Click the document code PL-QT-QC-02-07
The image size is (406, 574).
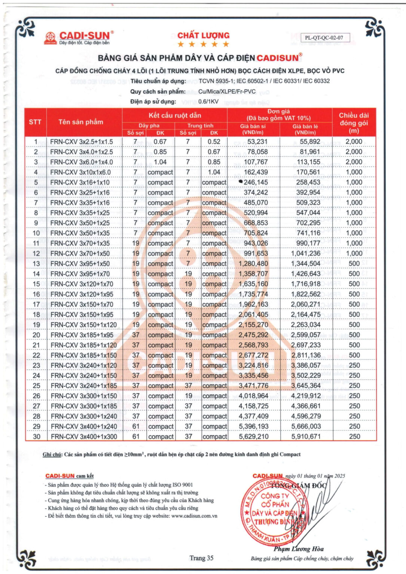coord(324,38)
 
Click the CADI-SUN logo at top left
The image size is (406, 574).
coord(79,38)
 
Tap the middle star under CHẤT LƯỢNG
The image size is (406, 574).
coord(203,44)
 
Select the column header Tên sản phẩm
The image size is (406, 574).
coord(80,122)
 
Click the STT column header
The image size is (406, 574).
coord(35,122)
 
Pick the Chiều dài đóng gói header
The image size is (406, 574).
coord(354,123)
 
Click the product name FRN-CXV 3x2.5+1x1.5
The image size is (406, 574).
coord(82,142)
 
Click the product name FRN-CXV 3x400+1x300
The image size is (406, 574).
coord(84,436)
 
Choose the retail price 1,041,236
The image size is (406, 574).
coord(306,253)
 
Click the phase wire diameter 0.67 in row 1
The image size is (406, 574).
coord(160,142)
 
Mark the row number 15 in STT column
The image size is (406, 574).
coord(36,284)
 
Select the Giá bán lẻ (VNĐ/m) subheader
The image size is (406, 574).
coord(305,129)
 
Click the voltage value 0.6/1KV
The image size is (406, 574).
coord(208,102)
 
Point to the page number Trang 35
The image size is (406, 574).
coord(201,558)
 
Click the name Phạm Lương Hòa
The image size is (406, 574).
coord(298,549)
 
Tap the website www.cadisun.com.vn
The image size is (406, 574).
coord(194,516)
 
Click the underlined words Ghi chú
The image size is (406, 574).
coord(52,454)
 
